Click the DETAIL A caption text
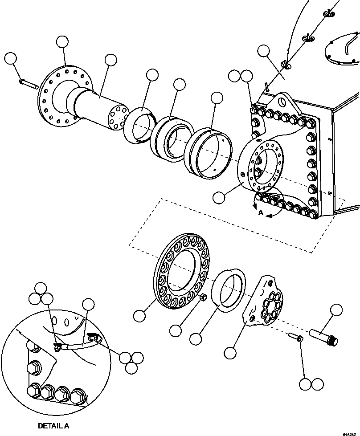click(53, 426)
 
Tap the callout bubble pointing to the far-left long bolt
click(10, 59)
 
